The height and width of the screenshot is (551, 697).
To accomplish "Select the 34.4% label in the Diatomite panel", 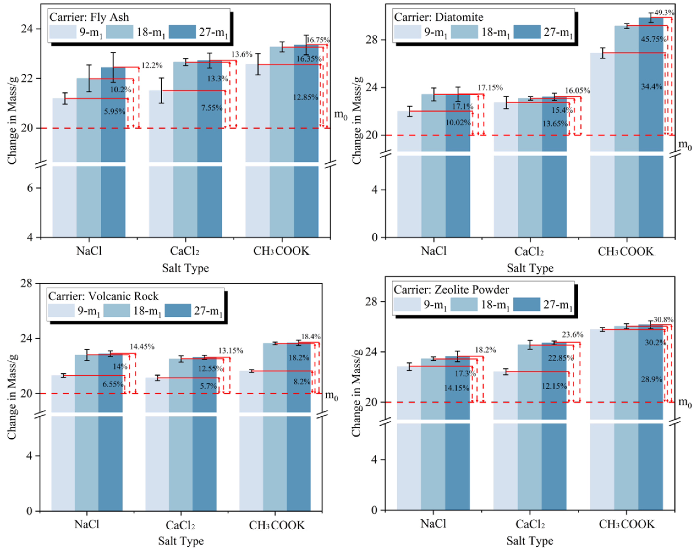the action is click(x=651, y=86).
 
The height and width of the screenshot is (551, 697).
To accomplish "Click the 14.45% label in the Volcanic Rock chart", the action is click(x=142, y=347).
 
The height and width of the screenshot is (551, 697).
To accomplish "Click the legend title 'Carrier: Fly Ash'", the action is click(x=89, y=17).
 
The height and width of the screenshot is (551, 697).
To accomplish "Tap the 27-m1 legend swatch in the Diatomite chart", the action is click(x=527, y=32).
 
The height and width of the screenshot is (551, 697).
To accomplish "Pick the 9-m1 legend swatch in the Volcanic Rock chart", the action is click(x=61, y=311).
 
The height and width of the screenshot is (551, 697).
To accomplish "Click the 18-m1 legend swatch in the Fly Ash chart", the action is click(x=119, y=32).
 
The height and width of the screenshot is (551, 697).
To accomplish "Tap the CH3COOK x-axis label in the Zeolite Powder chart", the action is click(x=626, y=524).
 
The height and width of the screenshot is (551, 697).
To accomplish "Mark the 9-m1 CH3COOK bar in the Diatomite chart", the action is click(x=602, y=145).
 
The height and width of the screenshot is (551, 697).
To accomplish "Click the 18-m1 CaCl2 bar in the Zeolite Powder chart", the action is click(x=530, y=427).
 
